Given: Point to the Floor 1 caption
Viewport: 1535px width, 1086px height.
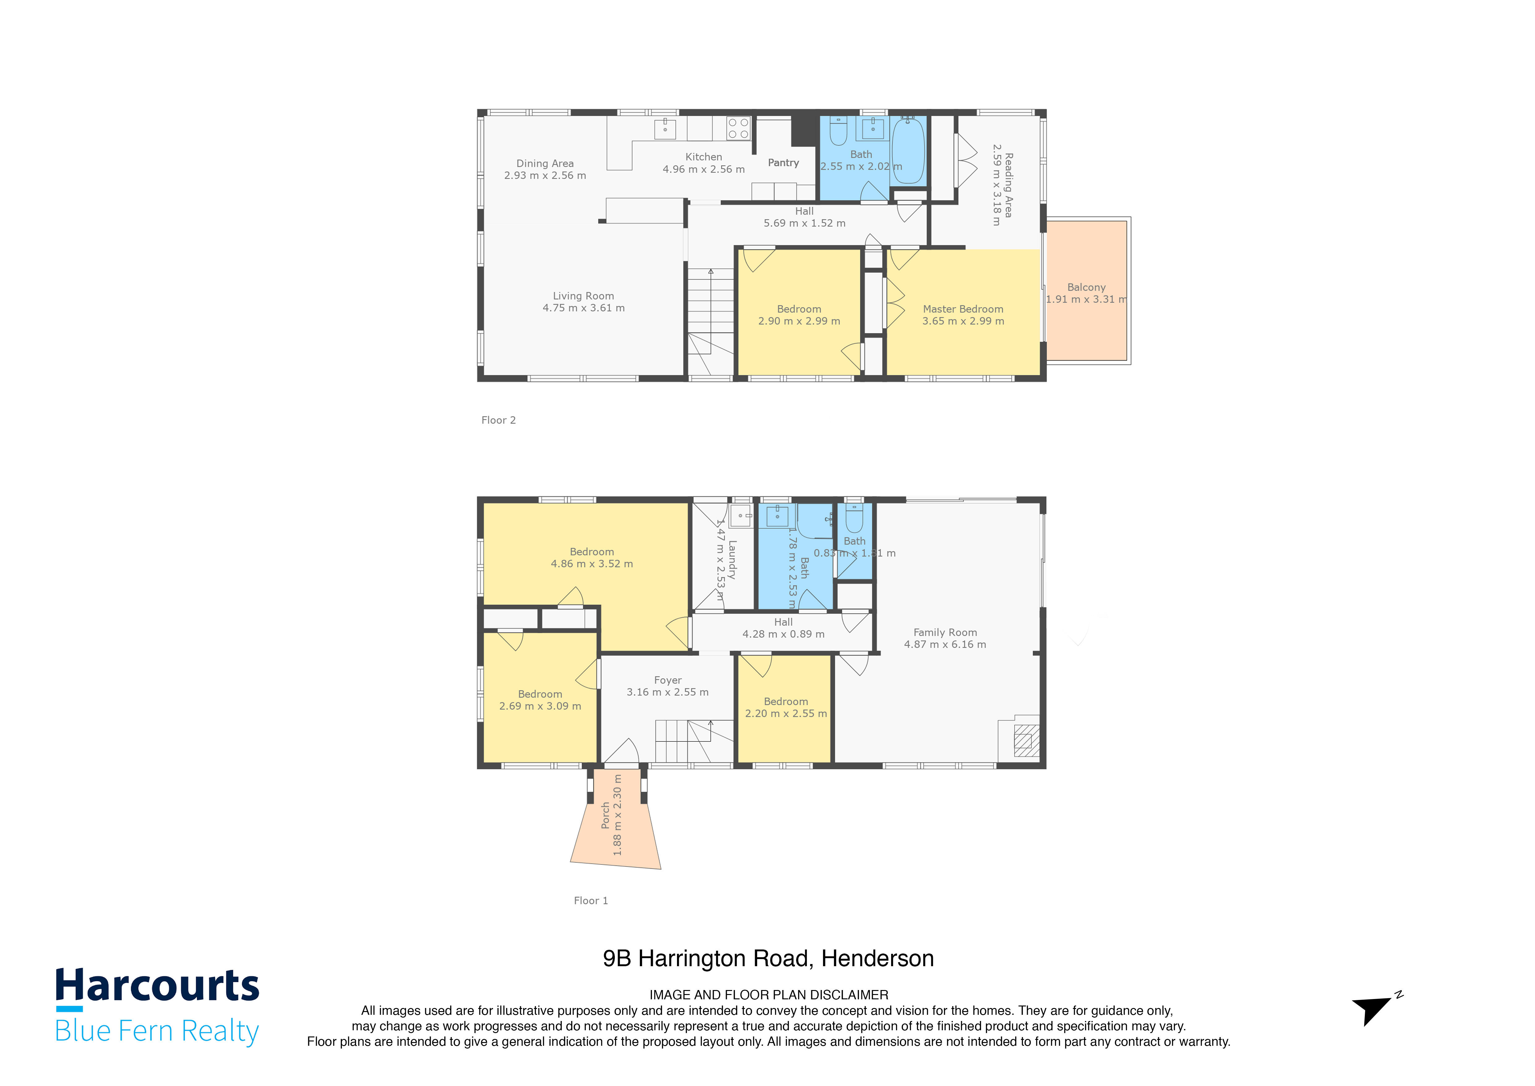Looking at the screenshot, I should click(x=590, y=900).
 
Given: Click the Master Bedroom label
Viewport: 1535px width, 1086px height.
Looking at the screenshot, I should click(x=963, y=309).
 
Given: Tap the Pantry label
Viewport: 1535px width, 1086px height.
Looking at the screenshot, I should click(x=783, y=163).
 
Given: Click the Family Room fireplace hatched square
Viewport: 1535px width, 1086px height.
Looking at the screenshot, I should click(x=1026, y=740).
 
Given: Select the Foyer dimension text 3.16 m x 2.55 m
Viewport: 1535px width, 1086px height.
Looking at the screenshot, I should click(x=667, y=692).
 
